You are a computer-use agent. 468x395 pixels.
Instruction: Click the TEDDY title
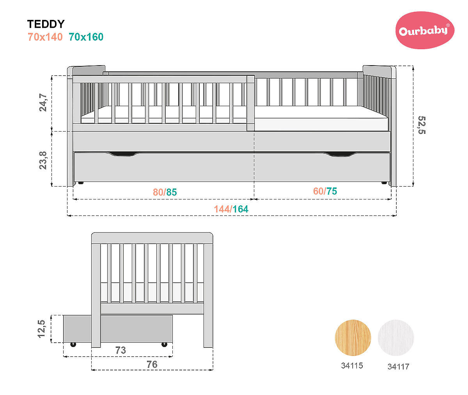pos(46,24)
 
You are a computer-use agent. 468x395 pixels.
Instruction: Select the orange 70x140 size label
pos(45,37)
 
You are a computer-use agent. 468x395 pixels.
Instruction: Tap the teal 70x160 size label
pos(86,37)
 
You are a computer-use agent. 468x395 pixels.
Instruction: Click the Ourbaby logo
pos(425,30)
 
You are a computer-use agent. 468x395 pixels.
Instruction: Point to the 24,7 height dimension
pos(43,103)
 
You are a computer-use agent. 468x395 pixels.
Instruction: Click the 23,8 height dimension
pos(43,160)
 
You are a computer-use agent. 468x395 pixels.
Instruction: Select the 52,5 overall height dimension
pos(422,125)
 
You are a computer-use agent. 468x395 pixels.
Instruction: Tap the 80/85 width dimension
pos(165,192)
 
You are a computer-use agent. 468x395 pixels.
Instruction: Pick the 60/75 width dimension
pos(325,191)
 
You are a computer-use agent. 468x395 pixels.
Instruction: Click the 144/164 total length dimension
pos(231,209)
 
